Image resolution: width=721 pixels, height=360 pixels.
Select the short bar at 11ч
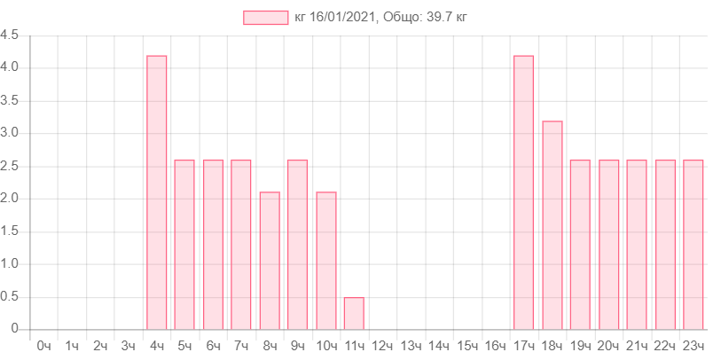pos(354,313)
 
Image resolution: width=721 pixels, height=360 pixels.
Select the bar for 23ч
pos(694,244)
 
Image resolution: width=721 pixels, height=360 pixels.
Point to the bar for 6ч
pos(213,244)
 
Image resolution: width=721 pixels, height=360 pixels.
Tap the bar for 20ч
pos(609,244)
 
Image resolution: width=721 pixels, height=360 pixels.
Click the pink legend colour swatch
pos(266,17)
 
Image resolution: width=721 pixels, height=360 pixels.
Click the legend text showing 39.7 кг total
pos(380,17)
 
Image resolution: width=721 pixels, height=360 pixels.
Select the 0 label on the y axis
pos(15,329)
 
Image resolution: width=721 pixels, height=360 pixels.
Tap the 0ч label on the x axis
pos(43,345)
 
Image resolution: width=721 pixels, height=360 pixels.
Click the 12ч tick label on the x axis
pos(382,345)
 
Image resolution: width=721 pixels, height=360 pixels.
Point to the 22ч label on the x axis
pos(665,345)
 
